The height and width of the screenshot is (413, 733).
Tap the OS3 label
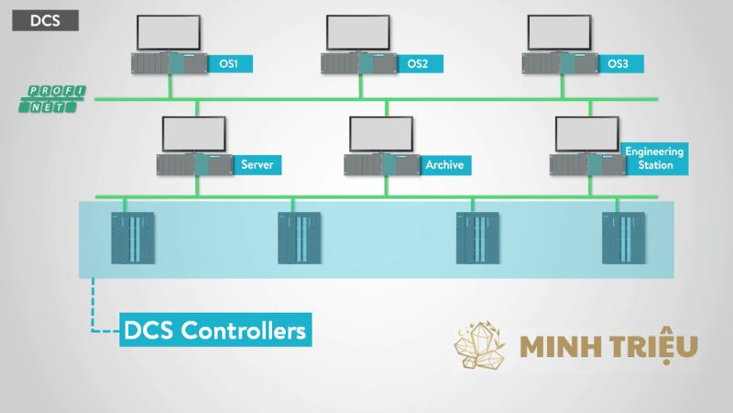[619, 63]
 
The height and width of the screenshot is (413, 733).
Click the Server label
[256, 165]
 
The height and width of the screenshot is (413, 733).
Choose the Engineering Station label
[653, 158]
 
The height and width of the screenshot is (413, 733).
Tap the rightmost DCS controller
[623, 239]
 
